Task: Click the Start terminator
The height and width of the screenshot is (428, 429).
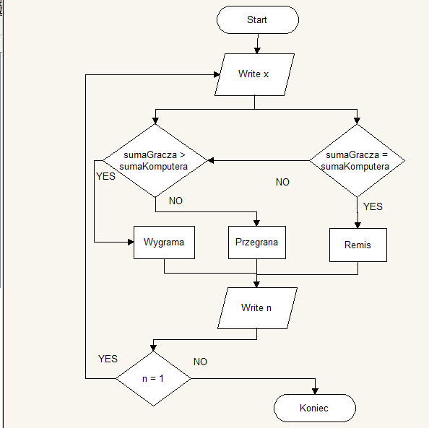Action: [x=256, y=19]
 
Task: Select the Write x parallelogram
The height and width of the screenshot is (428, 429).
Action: [x=253, y=74]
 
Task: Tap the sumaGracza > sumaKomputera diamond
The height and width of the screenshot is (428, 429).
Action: [x=155, y=160]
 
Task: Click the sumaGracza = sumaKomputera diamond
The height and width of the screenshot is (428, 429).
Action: [x=357, y=160]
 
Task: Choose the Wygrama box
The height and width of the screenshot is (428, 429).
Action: [x=164, y=243]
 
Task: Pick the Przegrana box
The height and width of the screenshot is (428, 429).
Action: [x=256, y=243]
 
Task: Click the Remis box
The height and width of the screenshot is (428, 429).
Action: [x=357, y=245]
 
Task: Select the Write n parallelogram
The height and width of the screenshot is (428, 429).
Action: [x=256, y=307]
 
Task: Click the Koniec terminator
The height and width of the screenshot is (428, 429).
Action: [x=314, y=408]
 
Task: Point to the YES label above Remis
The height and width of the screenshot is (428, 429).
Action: [x=373, y=206]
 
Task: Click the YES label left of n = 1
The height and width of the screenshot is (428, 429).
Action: [x=108, y=359]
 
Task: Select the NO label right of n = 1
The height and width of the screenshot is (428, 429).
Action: [x=200, y=362]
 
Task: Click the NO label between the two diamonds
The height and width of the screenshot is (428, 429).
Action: [x=282, y=183]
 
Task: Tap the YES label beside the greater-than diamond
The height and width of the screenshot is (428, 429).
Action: [x=105, y=176]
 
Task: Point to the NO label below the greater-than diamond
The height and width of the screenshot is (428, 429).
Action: [x=175, y=201]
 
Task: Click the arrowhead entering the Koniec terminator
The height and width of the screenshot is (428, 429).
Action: [x=316, y=390]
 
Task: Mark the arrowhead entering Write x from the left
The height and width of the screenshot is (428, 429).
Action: [x=219, y=74]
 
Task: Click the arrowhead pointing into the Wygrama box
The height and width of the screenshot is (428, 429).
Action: [x=130, y=243]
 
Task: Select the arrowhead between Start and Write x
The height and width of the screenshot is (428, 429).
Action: [x=256, y=50]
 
